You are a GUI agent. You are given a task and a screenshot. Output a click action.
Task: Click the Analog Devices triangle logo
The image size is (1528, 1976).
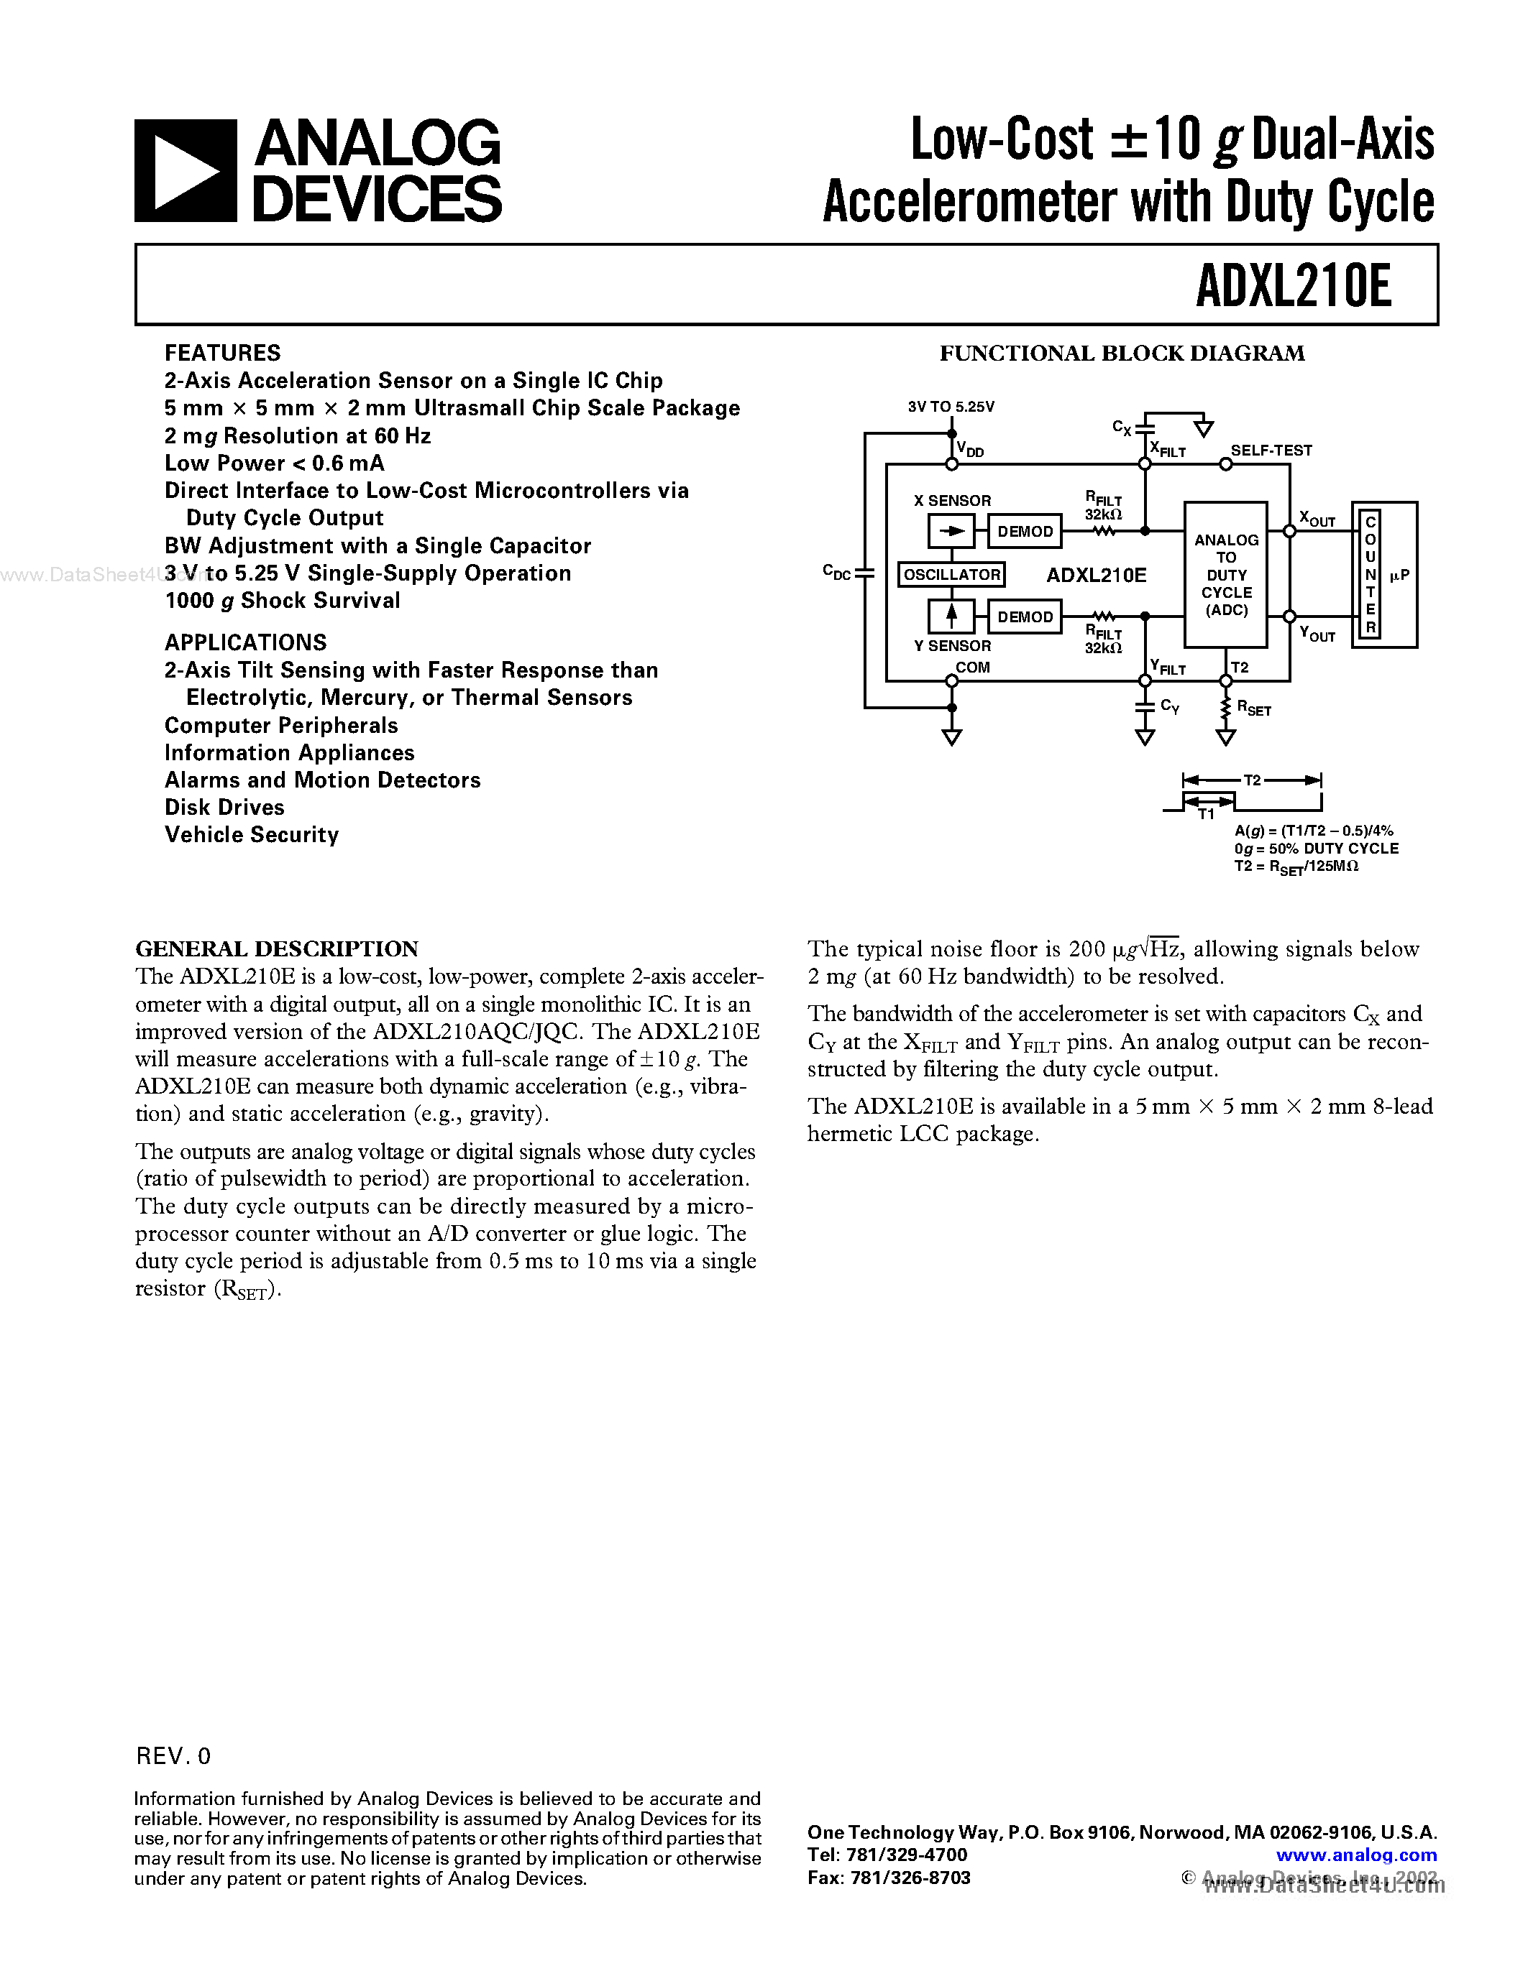[186, 171]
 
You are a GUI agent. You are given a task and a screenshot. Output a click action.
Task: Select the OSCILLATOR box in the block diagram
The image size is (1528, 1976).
[951, 575]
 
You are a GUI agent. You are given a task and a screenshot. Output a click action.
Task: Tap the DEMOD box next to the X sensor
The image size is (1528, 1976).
[1025, 531]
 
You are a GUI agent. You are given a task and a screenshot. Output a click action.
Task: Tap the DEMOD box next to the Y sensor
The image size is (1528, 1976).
[1025, 617]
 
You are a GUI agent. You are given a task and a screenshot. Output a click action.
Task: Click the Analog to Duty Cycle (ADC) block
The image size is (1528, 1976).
[1226, 575]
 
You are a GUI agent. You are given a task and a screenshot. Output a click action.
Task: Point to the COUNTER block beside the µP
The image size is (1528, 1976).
[1371, 575]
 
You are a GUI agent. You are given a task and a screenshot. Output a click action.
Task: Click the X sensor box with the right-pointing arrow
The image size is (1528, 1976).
[951, 531]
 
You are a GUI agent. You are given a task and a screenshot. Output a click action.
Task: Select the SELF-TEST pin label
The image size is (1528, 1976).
[1271, 451]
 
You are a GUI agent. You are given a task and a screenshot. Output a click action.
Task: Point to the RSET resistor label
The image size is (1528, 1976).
[1254, 708]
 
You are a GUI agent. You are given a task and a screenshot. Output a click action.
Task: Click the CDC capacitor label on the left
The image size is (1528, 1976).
[836, 572]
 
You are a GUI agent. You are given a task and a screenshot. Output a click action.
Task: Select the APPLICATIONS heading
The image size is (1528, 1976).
[245, 642]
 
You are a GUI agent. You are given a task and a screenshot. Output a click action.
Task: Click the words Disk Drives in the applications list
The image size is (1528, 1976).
[224, 807]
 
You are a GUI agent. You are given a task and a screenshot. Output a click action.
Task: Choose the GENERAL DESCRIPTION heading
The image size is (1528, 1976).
[277, 949]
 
